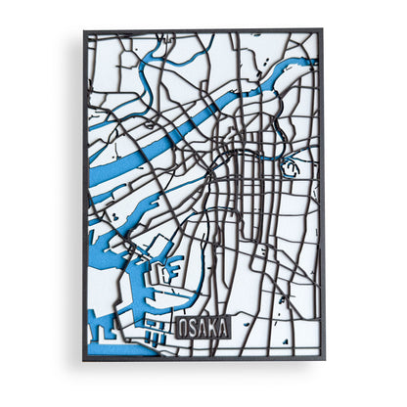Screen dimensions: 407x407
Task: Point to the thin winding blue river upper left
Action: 147,83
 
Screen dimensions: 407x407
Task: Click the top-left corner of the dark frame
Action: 85,32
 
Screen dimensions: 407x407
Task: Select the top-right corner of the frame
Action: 321,32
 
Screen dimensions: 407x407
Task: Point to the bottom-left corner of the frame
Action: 85,359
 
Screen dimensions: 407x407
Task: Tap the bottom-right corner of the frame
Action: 321,359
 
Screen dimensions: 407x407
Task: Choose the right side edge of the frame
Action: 321,196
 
